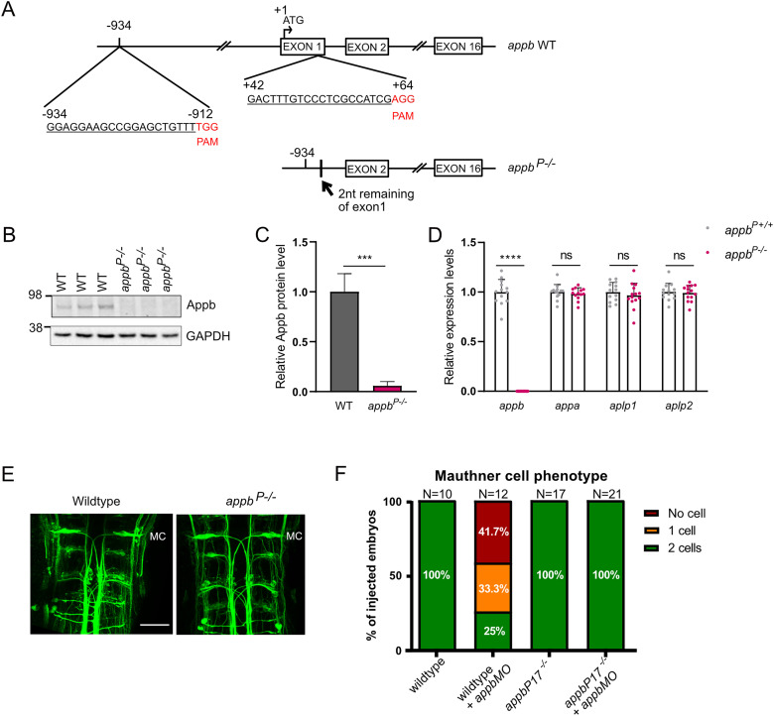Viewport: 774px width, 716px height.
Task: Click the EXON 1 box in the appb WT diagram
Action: (x=303, y=47)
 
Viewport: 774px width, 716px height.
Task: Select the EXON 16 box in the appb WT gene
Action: (x=457, y=47)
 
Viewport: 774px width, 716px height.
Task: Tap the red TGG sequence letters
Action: (x=207, y=127)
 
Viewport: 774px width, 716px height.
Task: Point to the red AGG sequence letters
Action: (x=403, y=99)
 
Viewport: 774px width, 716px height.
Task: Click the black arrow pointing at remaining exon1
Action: (x=326, y=187)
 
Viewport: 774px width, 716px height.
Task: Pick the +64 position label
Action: (x=403, y=85)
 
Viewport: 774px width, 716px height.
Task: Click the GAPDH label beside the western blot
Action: (x=207, y=336)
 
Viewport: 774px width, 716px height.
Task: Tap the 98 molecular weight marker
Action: (x=36, y=296)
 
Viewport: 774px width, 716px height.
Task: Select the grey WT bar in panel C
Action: (x=344, y=341)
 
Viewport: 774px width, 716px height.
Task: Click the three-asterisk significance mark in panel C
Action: (x=364, y=258)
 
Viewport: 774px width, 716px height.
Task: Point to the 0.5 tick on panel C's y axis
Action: (x=301, y=341)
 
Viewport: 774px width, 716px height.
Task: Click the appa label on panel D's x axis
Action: (x=568, y=407)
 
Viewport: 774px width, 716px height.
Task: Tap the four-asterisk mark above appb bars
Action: (x=510, y=258)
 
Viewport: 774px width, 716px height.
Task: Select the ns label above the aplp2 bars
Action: (x=679, y=255)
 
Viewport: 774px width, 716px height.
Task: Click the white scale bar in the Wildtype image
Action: (x=155, y=625)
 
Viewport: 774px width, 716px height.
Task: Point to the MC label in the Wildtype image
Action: (x=158, y=536)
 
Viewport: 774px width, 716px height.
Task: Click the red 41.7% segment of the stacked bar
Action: (x=493, y=533)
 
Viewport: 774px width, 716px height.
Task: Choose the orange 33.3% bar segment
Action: (x=493, y=588)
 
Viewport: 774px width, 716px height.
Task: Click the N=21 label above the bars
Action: (x=605, y=494)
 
